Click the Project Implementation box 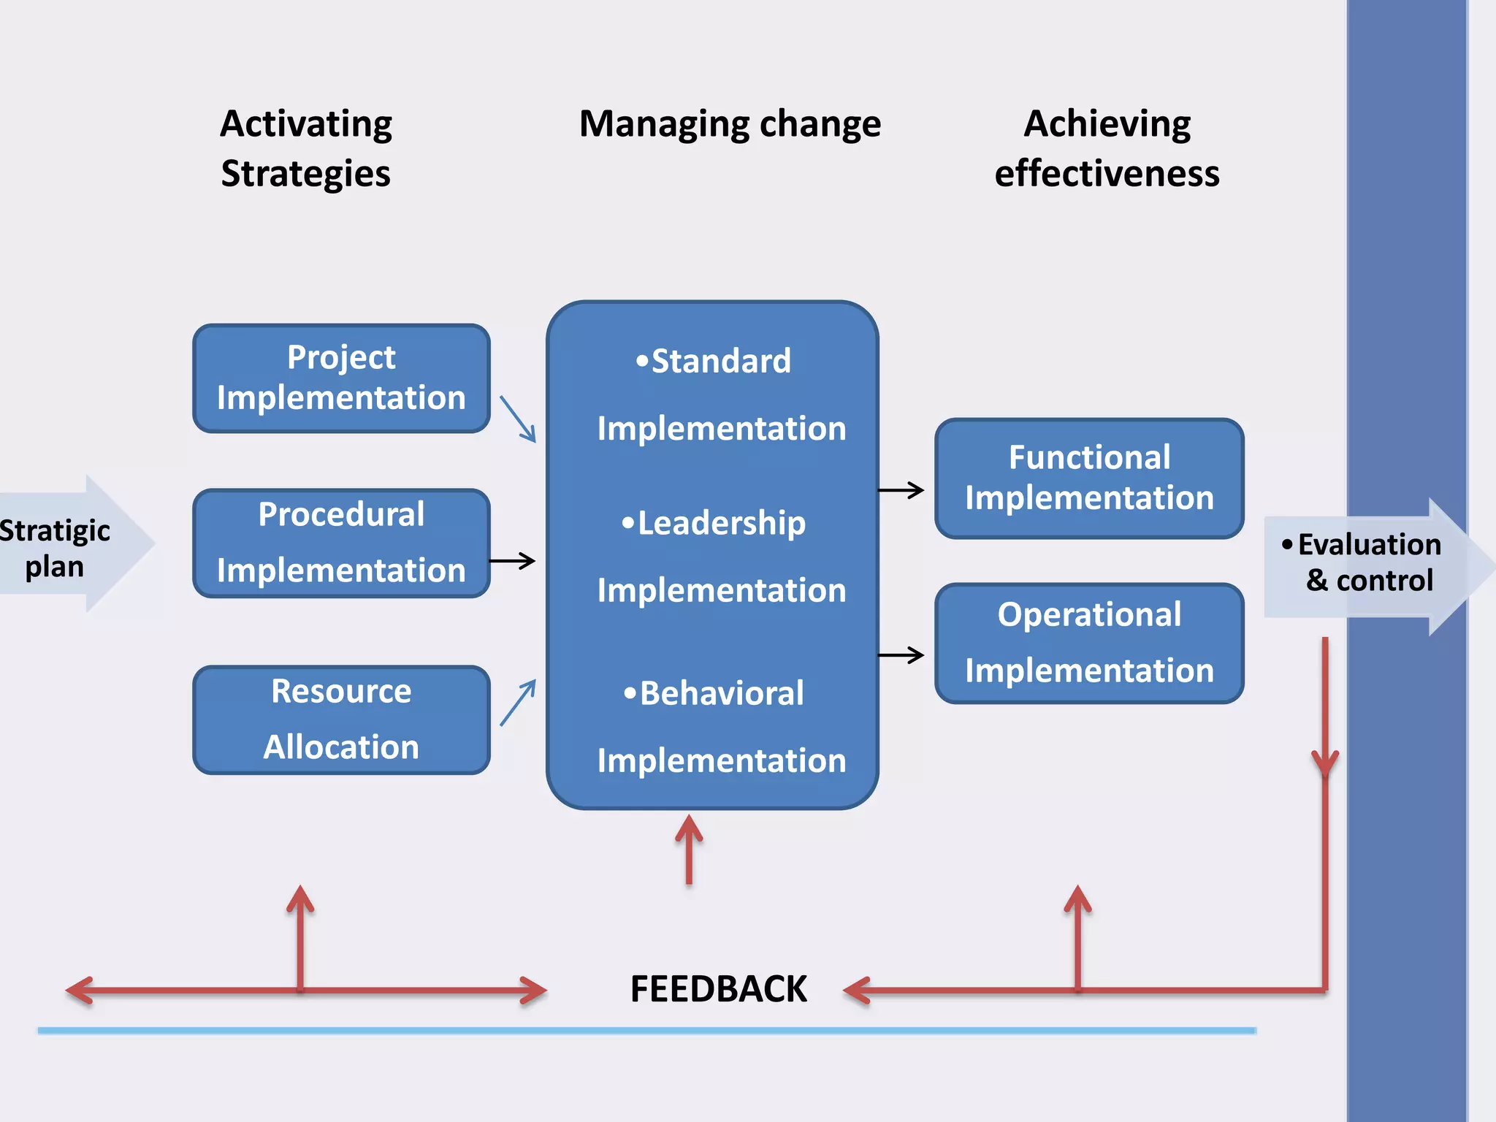[x=341, y=378]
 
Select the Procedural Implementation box [x=341, y=543]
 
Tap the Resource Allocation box [x=341, y=720]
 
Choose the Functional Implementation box [x=1089, y=478]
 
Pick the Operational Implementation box [x=1089, y=643]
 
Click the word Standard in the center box [x=720, y=361]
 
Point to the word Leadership [x=721, y=523]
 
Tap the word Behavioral [x=722, y=693]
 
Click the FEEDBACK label [x=718, y=989]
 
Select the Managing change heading [x=730, y=124]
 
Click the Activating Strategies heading [x=306, y=148]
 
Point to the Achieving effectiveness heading [x=1107, y=148]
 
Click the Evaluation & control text [x=1369, y=562]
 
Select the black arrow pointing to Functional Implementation [x=901, y=490]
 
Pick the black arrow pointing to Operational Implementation [x=901, y=655]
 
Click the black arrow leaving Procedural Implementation [x=512, y=561]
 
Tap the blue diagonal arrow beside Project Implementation [x=518, y=419]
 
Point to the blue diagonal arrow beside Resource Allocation [x=518, y=703]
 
